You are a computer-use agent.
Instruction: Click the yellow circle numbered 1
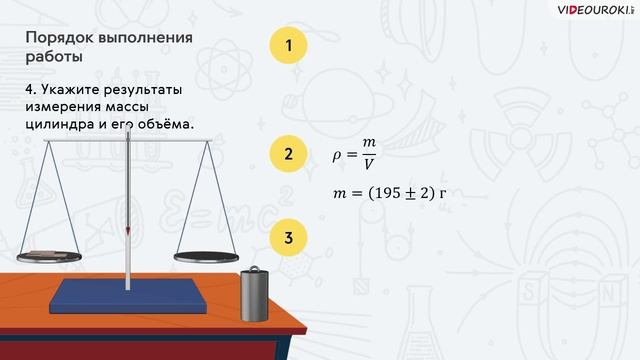tap(288, 46)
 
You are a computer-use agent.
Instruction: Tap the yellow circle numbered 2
tap(288, 154)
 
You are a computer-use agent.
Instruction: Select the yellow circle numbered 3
tap(288, 238)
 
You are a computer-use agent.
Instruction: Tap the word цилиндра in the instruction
tap(63, 125)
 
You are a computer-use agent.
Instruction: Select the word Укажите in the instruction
tap(81, 90)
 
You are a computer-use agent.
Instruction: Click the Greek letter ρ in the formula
tap(337, 156)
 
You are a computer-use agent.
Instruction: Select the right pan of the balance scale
tap(207, 255)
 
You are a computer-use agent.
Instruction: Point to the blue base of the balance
tap(130, 294)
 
